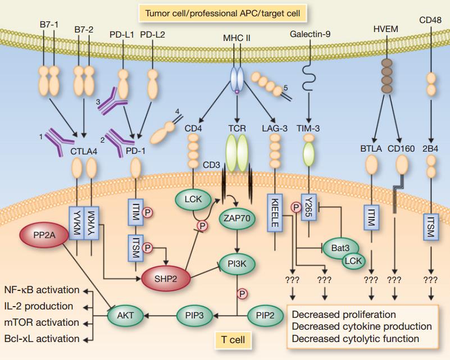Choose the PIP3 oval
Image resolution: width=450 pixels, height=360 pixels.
[x=196, y=316]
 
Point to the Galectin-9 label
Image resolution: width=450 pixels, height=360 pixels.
[x=310, y=34]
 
